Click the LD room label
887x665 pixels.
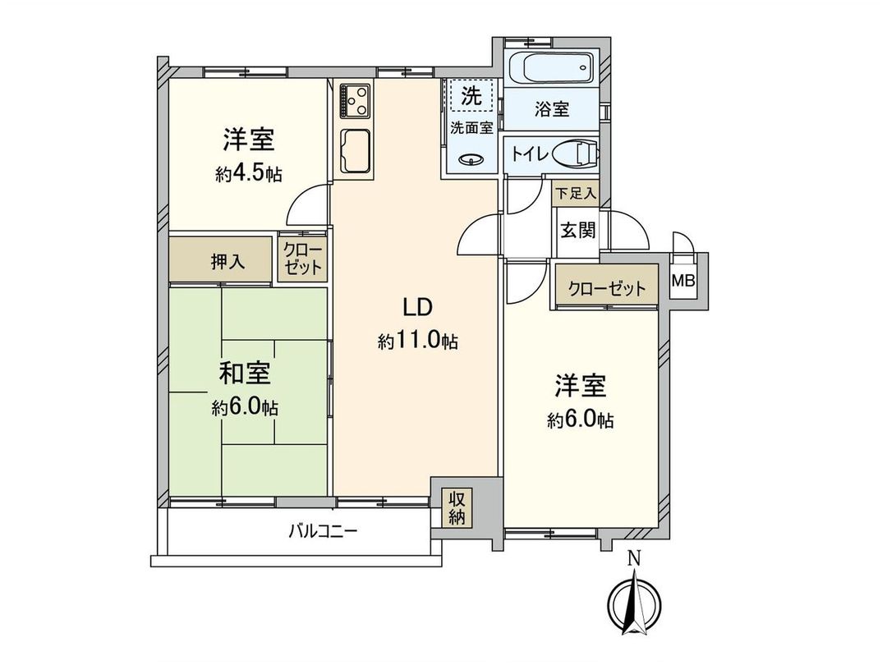coord(417,307)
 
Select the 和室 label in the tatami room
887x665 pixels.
coord(244,374)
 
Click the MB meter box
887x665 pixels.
coord(682,282)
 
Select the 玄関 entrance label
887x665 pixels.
coord(578,230)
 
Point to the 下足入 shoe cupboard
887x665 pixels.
coord(576,195)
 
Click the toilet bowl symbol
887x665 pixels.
coord(574,154)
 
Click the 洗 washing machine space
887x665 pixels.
coord(471,96)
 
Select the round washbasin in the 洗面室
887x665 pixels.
coord(471,160)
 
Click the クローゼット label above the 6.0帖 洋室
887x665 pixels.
coord(606,288)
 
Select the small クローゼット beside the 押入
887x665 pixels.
coord(303,259)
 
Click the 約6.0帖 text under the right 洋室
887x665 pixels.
coord(581,420)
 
